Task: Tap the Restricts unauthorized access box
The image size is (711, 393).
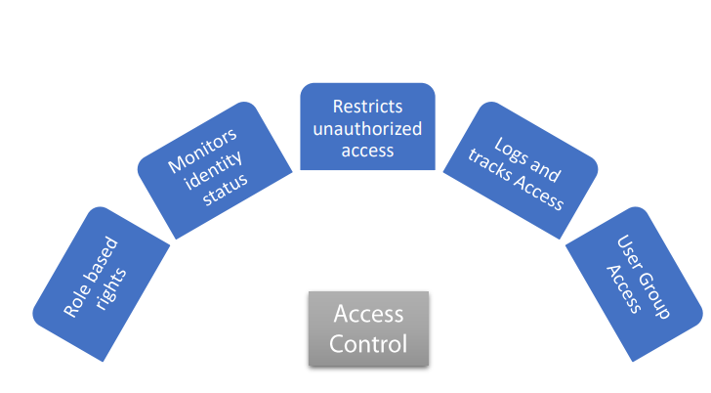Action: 367,127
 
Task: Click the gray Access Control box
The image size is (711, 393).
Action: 368,328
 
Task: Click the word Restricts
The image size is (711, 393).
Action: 367,106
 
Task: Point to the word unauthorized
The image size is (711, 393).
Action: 367,128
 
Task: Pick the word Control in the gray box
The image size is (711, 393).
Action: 368,343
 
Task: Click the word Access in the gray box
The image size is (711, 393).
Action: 368,314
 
